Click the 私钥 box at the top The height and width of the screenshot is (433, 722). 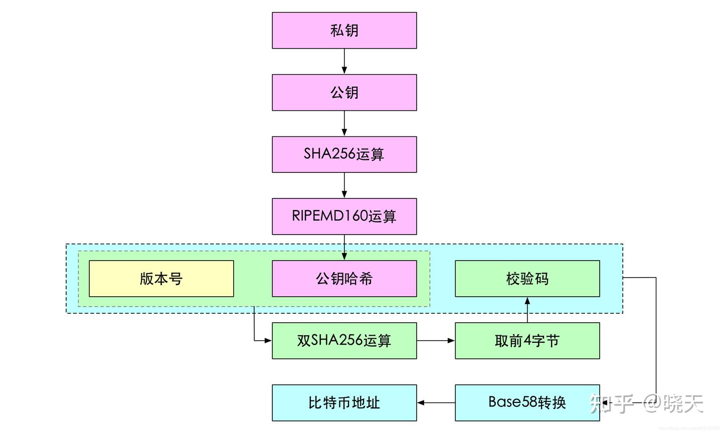pyautogui.click(x=344, y=31)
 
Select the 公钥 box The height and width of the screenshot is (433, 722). pyautogui.click(x=344, y=93)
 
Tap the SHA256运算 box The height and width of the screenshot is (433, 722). pyautogui.click(x=344, y=154)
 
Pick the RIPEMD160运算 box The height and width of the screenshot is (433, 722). pyautogui.click(x=344, y=216)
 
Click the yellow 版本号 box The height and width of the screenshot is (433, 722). pyautogui.click(x=161, y=279)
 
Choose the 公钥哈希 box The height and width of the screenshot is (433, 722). pyautogui.click(x=344, y=279)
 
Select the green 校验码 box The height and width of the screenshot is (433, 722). pyautogui.click(x=527, y=279)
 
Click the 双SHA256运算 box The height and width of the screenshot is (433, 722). pyautogui.click(x=344, y=341)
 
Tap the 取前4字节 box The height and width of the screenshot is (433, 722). pyautogui.click(x=527, y=341)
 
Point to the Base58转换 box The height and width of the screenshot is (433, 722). pyautogui.click(x=527, y=403)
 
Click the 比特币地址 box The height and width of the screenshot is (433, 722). pyautogui.click(x=344, y=403)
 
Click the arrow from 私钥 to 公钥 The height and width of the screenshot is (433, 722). pyautogui.click(x=344, y=61)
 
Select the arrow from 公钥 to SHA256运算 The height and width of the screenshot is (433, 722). pyautogui.click(x=344, y=123)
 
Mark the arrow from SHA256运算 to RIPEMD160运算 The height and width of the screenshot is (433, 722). pyautogui.click(x=344, y=185)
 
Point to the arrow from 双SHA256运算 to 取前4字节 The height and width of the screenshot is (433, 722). pyautogui.click(x=436, y=341)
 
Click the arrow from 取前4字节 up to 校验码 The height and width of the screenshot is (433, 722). pyautogui.click(x=527, y=310)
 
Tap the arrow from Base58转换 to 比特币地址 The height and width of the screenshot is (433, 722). pyautogui.click(x=436, y=403)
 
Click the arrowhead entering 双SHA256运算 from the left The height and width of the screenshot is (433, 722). pyautogui.click(x=268, y=341)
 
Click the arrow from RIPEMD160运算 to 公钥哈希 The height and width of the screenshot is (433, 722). pyautogui.click(x=344, y=247)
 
